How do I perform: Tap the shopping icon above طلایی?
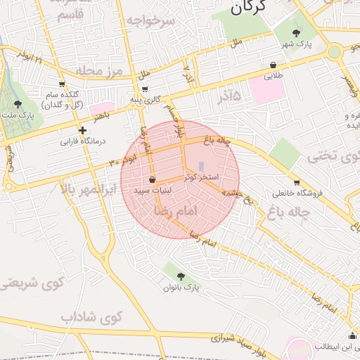pos(273,65)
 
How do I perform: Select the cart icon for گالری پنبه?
pos(145,89)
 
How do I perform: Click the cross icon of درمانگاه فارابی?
pos(83,130)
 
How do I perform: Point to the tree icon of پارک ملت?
pos(18,105)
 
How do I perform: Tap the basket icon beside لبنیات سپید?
pos(152,180)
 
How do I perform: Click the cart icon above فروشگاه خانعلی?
pos(297,181)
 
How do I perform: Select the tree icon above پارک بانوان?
pos(181,276)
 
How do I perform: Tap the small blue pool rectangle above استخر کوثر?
pos(202,167)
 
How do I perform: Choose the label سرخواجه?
pos(150,20)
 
